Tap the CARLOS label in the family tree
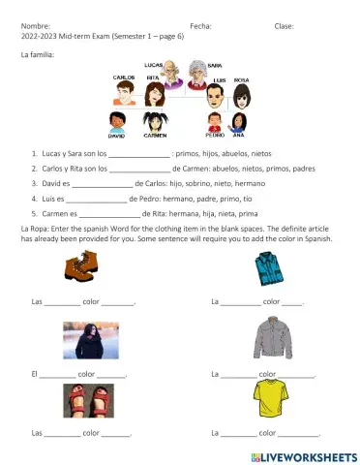click(x=124, y=77)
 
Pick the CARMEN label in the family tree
click(x=155, y=137)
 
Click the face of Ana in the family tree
click(x=239, y=122)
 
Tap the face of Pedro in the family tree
click(x=215, y=122)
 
